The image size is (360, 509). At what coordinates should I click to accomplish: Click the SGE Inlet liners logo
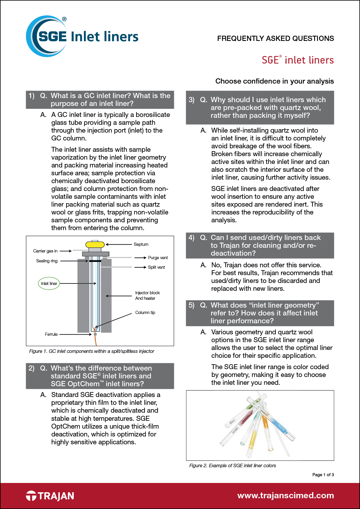coord(82,37)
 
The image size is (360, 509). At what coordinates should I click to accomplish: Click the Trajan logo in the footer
coord(50,496)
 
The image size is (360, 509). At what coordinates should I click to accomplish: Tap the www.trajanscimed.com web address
coord(285,495)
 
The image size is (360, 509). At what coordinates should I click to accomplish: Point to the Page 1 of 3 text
coord(323,475)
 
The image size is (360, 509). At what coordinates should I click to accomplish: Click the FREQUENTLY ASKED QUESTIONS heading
coord(275,39)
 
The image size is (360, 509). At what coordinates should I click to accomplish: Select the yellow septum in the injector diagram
coord(95,245)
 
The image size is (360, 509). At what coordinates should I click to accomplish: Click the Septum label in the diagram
coord(141,244)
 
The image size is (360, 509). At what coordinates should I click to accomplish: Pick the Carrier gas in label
coord(45,251)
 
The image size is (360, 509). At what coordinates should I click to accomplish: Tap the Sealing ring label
coord(47,261)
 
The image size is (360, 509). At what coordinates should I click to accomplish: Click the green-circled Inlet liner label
coord(49,284)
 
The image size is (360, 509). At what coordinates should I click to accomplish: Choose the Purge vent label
coord(158,258)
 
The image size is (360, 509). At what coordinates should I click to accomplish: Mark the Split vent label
coord(156,267)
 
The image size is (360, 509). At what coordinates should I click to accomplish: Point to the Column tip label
coord(145,313)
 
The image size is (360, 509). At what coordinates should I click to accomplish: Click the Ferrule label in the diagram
coord(51,334)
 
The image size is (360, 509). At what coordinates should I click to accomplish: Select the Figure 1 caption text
coord(91,351)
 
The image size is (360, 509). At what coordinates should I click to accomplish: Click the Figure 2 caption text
coord(232,465)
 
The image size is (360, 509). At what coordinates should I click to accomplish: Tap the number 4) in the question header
coord(191,238)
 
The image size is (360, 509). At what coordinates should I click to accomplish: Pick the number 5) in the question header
coord(191,305)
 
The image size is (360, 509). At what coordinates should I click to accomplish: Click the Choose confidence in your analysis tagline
coord(274,81)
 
